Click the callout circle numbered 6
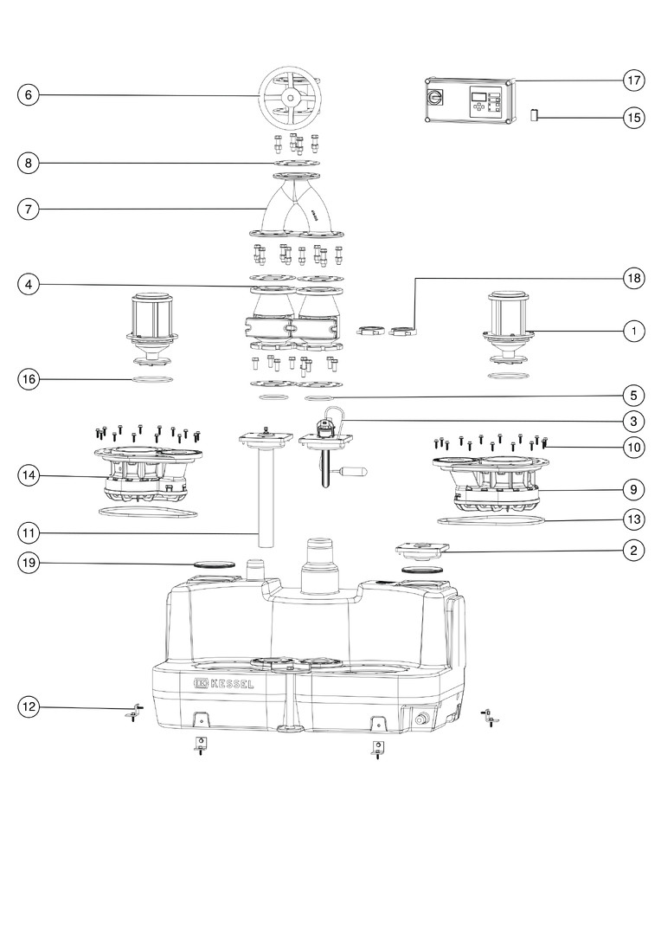(29, 95)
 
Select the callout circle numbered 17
(634, 80)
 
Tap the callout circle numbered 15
(634, 118)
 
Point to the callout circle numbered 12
(29, 707)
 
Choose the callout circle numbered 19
(29, 563)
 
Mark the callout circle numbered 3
(634, 421)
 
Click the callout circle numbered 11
(29, 533)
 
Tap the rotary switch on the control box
(434, 95)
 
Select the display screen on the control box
(478, 96)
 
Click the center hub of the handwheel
(290, 98)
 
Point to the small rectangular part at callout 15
(535, 114)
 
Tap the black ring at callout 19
(215, 563)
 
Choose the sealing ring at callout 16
(152, 379)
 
